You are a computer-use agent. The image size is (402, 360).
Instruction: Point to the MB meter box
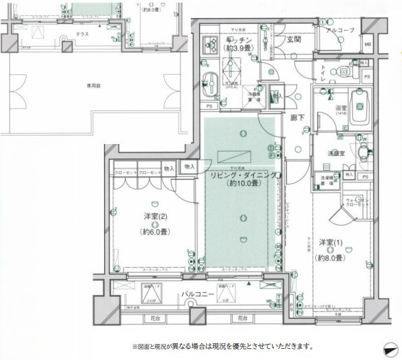tap(368, 47)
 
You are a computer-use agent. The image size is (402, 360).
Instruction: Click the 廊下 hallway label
tap(297, 119)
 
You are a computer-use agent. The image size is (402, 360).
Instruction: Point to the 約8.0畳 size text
tap(331, 257)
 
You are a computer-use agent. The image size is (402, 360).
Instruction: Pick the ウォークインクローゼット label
tap(356, 204)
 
